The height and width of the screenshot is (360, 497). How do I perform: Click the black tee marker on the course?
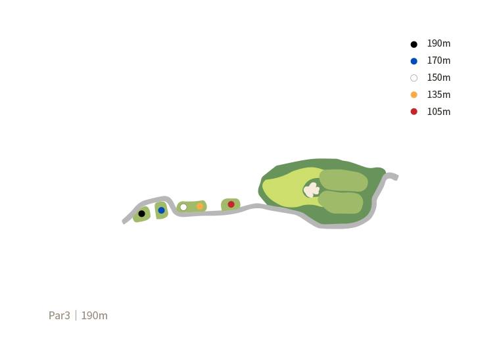[142, 214]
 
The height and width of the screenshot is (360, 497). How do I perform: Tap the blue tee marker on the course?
[161, 210]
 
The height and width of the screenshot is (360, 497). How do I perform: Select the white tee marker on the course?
[183, 208]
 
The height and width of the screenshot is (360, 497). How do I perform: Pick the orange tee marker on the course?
[200, 206]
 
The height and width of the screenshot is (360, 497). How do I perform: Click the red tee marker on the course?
[231, 204]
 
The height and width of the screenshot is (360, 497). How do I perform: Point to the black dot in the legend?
[414, 44]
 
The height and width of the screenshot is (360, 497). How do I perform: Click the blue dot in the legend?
[414, 61]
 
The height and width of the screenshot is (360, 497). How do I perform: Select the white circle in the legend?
[414, 78]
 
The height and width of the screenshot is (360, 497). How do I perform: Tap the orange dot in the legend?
[414, 95]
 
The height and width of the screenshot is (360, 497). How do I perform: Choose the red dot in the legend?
[414, 112]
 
